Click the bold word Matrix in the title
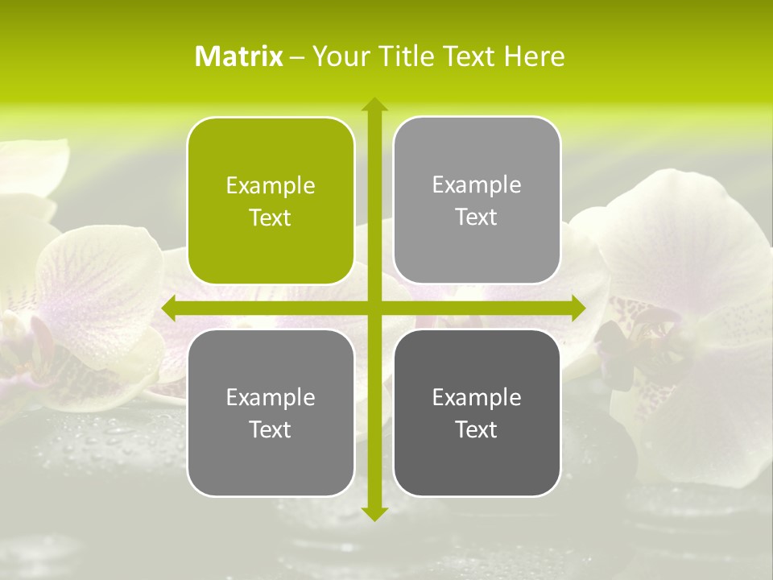(239, 56)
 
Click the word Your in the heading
(337, 56)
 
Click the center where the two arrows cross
(374, 309)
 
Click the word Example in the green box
(271, 186)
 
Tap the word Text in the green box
(271, 217)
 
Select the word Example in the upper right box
(477, 185)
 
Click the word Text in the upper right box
(477, 217)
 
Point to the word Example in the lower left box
(271, 398)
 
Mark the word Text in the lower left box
(271, 429)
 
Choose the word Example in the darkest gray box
(477, 398)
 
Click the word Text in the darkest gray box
(477, 429)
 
